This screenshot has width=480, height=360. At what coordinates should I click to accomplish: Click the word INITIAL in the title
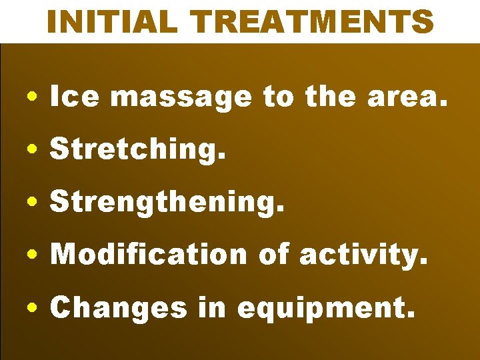(x=110, y=22)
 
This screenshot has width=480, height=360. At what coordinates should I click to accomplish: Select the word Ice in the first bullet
(x=75, y=97)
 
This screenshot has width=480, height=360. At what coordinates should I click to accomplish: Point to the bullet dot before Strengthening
(x=33, y=203)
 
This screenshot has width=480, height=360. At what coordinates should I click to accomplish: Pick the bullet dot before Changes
(x=33, y=307)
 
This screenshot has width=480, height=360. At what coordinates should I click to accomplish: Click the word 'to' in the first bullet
(x=279, y=97)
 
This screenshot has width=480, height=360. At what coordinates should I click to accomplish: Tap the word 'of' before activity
(x=273, y=254)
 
